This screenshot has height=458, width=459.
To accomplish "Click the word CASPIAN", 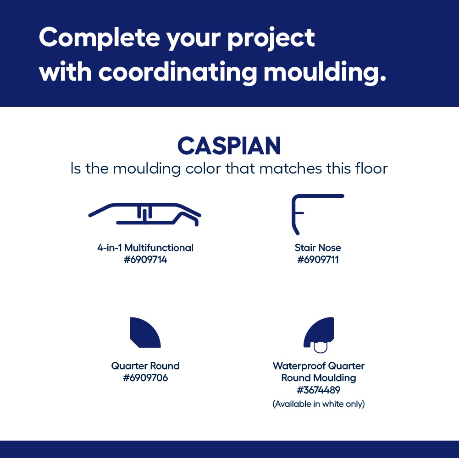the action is pyautogui.click(x=229, y=146).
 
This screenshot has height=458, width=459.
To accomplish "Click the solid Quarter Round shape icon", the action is pyautogui.click(x=145, y=333).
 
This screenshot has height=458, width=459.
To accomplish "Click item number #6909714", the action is pyautogui.click(x=145, y=260).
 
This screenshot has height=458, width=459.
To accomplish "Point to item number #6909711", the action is pyautogui.click(x=318, y=260).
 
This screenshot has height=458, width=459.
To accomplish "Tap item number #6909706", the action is pyautogui.click(x=145, y=378).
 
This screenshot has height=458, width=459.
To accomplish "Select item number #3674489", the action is pyautogui.click(x=319, y=390).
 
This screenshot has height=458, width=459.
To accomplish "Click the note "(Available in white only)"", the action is pyautogui.click(x=319, y=404).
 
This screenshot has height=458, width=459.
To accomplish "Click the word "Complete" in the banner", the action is pyautogui.click(x=99, y=38).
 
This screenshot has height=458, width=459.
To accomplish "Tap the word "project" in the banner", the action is pyautogui.click(x=271, y=39).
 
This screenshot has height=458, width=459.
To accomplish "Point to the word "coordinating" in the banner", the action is pyautogui.click(x=178, y=73).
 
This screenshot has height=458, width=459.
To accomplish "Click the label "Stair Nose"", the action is pyautogui.click(x=318, y=248).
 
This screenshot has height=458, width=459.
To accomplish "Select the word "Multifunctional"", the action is pyautogui.click(x=159, y=248).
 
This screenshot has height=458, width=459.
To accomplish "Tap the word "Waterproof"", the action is pyautogui.click(x=298, y=366).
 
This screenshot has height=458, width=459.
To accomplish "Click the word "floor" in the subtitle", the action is pyautogui.click(x=371, y=169).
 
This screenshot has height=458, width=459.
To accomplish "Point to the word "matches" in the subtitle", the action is pyautogui.click(x=290, y=169).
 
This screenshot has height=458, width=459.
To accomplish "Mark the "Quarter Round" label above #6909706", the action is pyautogui.click(x=145, y=366).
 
